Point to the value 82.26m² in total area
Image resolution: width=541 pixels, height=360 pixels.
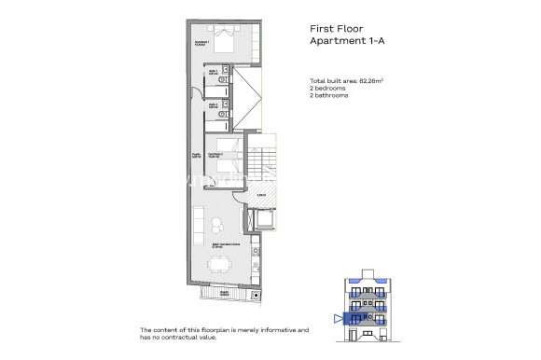[374, 82]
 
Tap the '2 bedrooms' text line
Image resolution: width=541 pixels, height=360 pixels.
[329, 89]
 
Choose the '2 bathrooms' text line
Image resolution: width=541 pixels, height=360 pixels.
[331, 95]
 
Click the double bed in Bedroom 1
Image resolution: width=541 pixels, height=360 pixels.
[225, 40]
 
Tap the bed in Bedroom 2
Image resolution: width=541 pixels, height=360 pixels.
[226, 152]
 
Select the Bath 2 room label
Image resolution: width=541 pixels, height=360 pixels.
[214, 105]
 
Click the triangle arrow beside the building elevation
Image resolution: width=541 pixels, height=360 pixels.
[337, 318]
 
